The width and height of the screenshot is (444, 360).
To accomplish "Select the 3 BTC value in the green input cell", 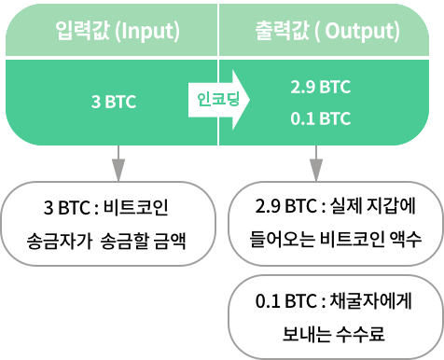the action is pyautogui.click(x=113, y=101).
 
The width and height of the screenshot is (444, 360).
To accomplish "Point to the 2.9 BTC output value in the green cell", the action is pyautogui.click(x=320, y=87).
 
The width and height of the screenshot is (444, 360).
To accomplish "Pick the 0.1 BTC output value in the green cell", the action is pyautogui.click(x=320, y=118).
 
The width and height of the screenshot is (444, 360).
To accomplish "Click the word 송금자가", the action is pyautogui.click(x=59, y=238).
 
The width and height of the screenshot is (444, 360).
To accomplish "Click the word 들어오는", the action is pyautogui.click(x=280, y=238).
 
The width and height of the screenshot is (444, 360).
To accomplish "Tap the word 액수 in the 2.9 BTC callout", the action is pyautogui.click(x=409, y=238).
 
